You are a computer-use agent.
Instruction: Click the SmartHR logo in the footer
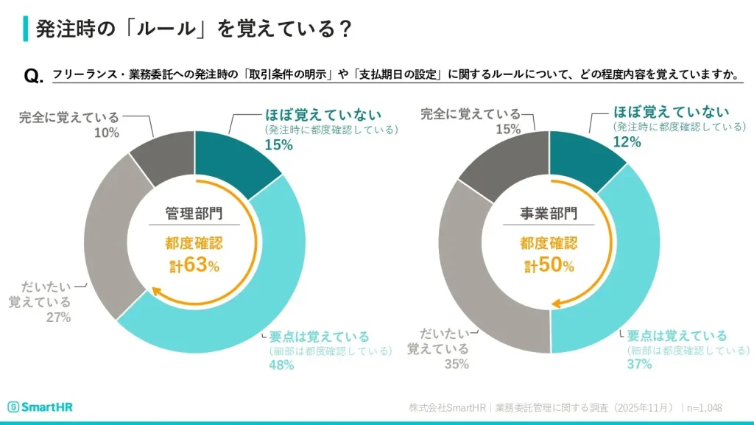click(40, 407)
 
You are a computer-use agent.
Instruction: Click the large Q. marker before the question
click(33, 77)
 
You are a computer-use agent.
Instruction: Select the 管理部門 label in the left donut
click(194, 214)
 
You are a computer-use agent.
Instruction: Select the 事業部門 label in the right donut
click(549, 214)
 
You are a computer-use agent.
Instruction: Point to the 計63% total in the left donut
click(194, 265)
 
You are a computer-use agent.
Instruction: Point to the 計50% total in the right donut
click(549, 265)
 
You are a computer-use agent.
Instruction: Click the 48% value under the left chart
click(281, 365)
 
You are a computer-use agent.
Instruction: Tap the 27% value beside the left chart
click(57, 317)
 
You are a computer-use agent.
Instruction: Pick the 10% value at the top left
click(106, 132)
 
